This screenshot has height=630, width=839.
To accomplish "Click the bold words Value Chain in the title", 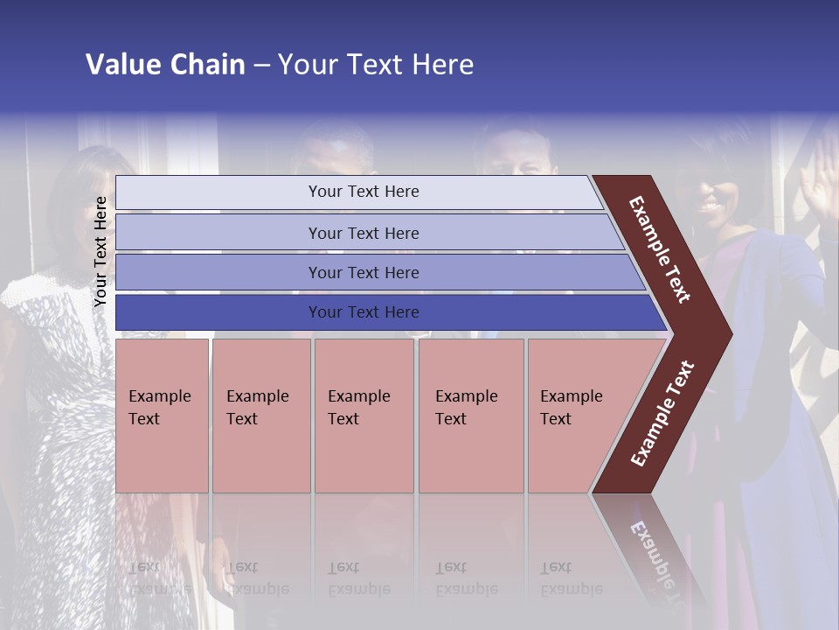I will pyautogui.click(x=165, y=65).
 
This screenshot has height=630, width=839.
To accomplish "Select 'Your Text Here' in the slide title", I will pyautogui.click(x=376, y=65).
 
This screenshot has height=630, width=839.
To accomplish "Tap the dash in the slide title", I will pyautogui.click(x=261, y=66).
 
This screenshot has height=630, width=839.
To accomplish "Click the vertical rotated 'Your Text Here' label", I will pyautogui.click(x=101, y=251).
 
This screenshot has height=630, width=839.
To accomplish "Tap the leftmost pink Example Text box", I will pyautogui.click(x=162, y=415).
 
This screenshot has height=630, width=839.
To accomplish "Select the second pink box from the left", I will pyautogui.click(x=260, y=415).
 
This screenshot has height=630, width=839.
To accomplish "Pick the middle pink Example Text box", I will pyautogui.click(x=364, y=415).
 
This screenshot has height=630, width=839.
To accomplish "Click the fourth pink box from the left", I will pyautogui.click(x=471, y=415).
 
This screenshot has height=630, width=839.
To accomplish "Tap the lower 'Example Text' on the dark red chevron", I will pyautogui.click(x=662, y=413).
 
